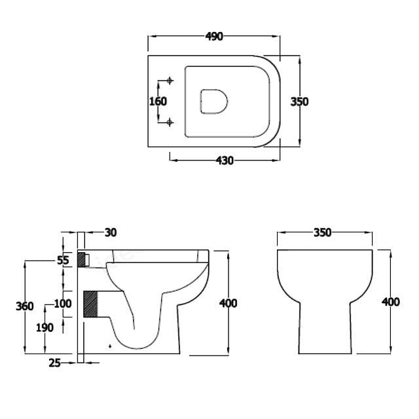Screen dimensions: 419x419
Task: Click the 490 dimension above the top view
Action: pos(214,37)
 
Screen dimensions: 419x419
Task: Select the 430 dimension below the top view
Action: pos(225,160)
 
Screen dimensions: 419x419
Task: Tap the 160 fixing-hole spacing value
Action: pos(158,101)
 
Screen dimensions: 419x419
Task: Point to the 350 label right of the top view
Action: pos(299,101)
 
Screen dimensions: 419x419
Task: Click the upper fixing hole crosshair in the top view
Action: pos(170,81)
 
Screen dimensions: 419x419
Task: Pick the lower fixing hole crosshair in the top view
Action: pos(170,122)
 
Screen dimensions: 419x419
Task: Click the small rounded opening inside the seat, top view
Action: pos(213,102)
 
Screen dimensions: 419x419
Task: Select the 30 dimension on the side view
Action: pos(110,232)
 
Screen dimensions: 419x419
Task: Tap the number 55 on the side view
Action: pos(63,260)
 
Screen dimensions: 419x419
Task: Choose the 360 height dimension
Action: pos(25,306)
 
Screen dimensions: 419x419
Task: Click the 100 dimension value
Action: pos(63,303)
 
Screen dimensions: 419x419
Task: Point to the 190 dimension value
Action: pos(45,328)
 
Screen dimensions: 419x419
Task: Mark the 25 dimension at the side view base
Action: pos(54,362)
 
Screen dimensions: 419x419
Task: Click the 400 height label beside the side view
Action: pos(228,303)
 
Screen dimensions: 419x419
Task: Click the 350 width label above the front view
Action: pos(322,232)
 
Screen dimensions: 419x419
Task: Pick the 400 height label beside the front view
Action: pos(390,302)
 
